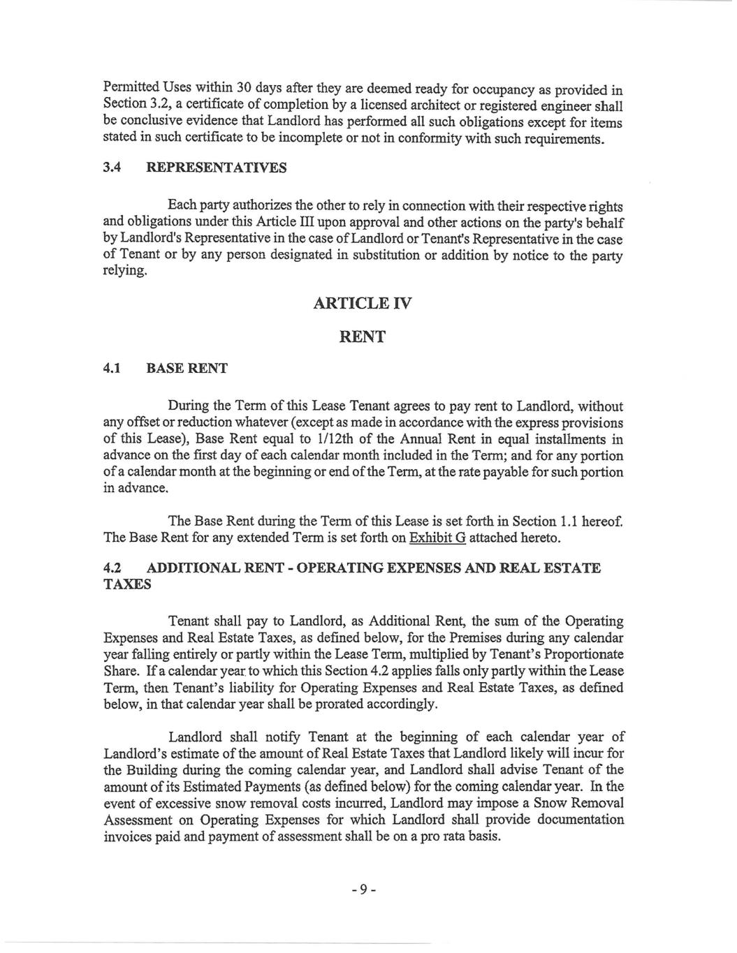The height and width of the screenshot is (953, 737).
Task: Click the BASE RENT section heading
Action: pos(187,369)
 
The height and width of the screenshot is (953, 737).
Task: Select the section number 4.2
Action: pos(112,568)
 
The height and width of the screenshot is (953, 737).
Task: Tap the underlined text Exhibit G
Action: pos(437,538)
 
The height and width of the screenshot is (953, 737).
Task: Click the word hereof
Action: pos(601,522)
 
